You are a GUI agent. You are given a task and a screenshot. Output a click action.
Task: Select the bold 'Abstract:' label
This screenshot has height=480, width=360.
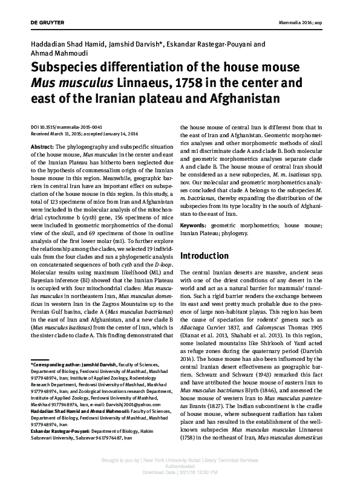pos(42,148)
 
